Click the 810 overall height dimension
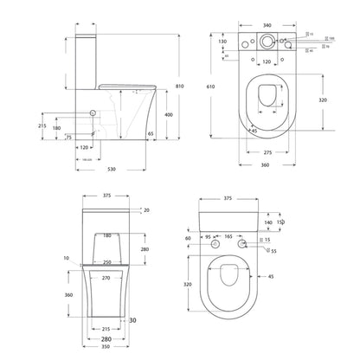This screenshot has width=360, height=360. (180, 86)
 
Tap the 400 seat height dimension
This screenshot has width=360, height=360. (168, 115)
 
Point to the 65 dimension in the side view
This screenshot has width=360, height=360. (151, 135)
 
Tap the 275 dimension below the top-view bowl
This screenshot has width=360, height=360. (268, 152)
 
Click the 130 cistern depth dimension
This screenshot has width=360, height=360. (223, 42)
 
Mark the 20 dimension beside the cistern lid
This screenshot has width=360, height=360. (146, 210)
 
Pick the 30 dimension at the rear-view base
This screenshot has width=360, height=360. (135, 321)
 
